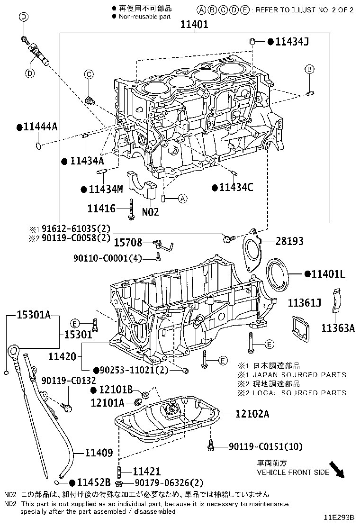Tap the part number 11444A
point(40,127)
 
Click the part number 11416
point(101,208)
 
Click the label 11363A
point(338,327)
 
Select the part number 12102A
point(252,414)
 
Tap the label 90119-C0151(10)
point(265,446)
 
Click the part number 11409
point(99,453)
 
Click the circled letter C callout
point(89,73)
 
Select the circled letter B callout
point(309,69)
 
